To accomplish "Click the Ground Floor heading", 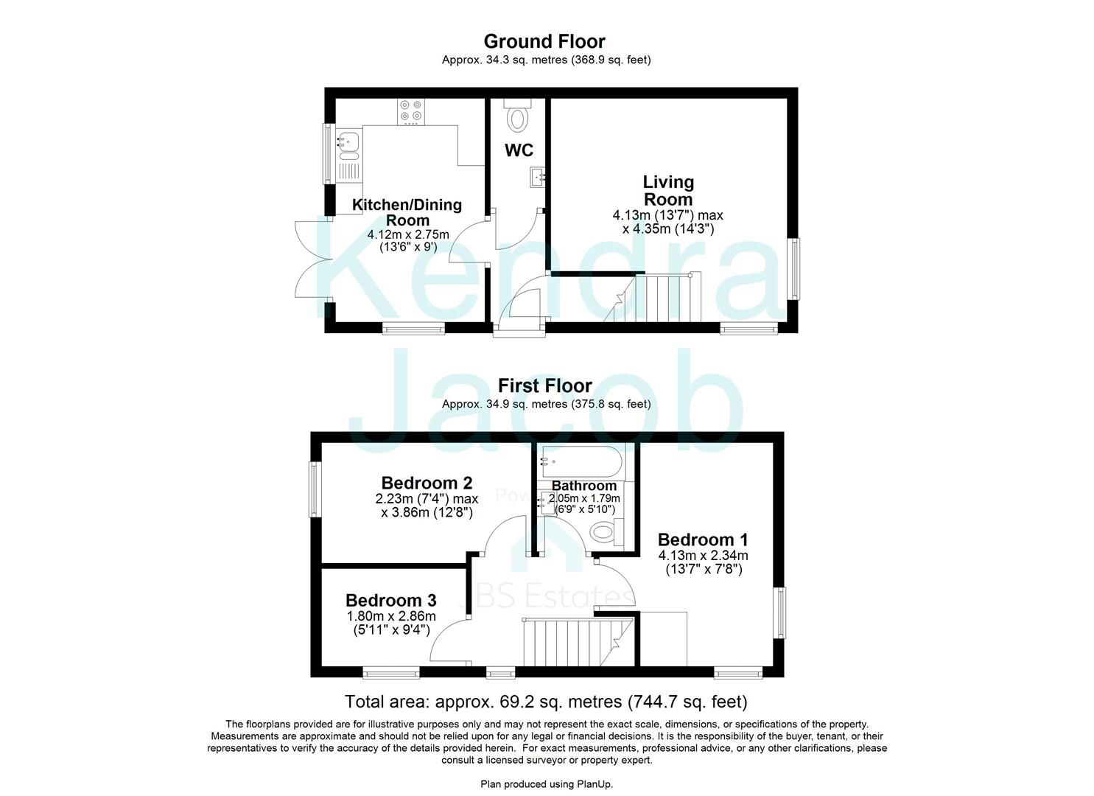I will coord(544,41).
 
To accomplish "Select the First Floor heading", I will coord(544,385).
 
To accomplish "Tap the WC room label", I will coord(519,150).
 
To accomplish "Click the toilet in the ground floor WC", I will coord(518,116).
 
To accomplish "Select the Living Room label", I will coord(667,190).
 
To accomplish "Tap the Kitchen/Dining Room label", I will coord(407,212).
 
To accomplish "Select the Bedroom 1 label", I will coord(702,540).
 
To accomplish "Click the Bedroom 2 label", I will coord(427,483).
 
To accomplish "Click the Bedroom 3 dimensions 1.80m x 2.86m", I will coord(391,616).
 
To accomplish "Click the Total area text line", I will coord(546,702).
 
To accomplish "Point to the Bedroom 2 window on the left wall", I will coord(315,489).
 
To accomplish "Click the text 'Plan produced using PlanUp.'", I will coord(546,784).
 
